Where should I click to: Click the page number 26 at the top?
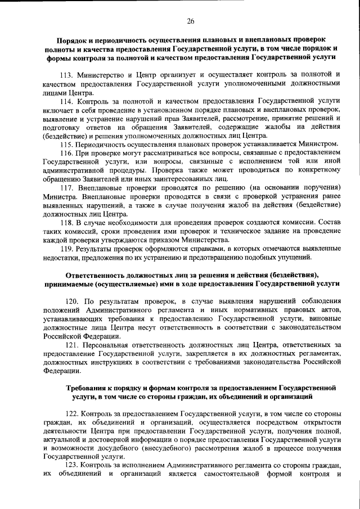[x=191, y=21]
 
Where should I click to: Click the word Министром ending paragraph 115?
[x=318, y=145]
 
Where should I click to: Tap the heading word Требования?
[x=88, y=388]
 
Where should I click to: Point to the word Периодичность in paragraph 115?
[x=107, y=145]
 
